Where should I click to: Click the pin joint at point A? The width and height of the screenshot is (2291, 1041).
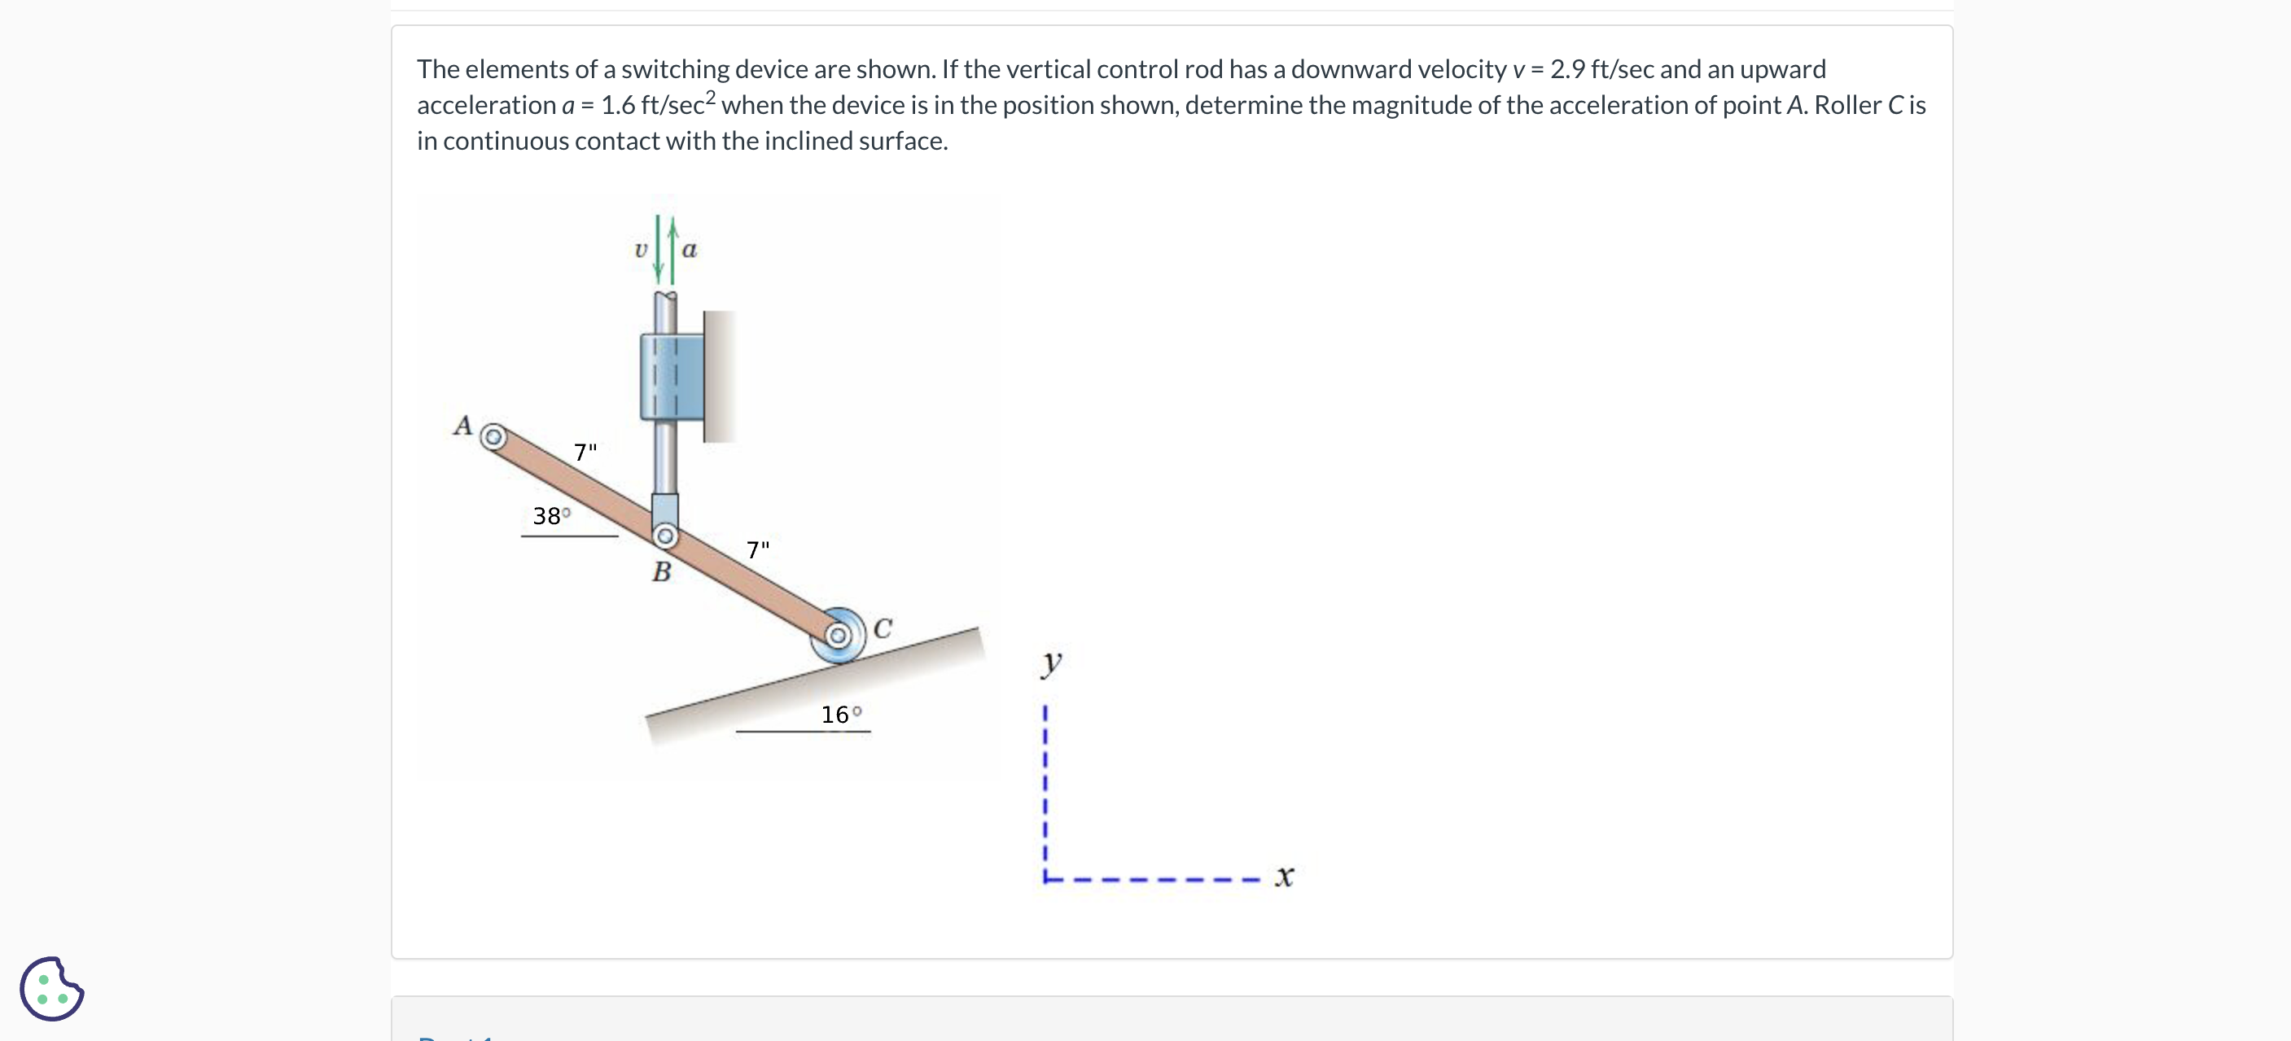pyautogui.click(x=493, y=437)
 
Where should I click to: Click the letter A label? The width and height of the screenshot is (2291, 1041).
pyautogui.click(x=462, y=426)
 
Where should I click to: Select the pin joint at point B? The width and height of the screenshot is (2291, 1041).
pyautogui.click(x=665, y=536)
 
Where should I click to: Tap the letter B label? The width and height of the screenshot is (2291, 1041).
pyautogui.click(x=661, y=571)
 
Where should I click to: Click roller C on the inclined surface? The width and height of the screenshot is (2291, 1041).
pyautogui.click(x=837, y=636)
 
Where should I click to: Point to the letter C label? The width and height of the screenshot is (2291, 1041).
pyautogui.click(x=883, y=628)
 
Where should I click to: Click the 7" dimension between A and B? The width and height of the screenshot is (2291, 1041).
pyautogui.click(x=585, y=453)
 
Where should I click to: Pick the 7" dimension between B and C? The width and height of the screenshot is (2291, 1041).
pyautogui.click(x=758, y=550)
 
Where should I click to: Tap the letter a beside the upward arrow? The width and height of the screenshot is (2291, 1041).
pyautogui.click(x=690, y=250)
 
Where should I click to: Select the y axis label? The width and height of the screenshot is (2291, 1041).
pyautogui.click(x=1051, y=663)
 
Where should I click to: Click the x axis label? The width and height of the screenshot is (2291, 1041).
pyautogui.click(x=1283, y=877)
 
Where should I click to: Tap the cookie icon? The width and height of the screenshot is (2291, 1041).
pyautogui.click(x=51, y=989)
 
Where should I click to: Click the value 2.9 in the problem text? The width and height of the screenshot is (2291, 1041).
pyautogui.click(x=1568, y=69)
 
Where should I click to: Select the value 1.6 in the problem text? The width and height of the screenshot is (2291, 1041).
pyautogui.click(x=617, y=106)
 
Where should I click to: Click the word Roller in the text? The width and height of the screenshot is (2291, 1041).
pyautogui.click(x=1847, y=106)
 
